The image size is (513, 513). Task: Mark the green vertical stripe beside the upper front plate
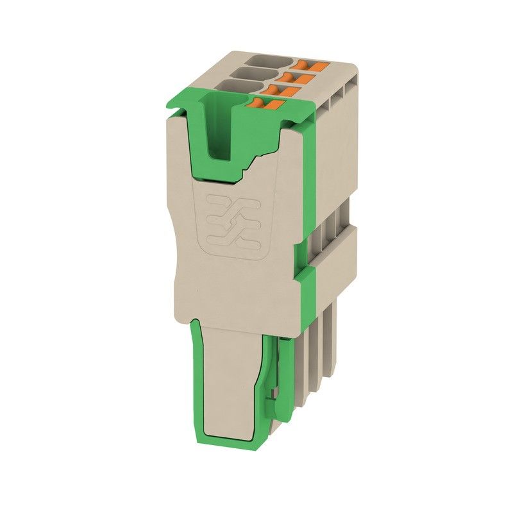305,192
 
